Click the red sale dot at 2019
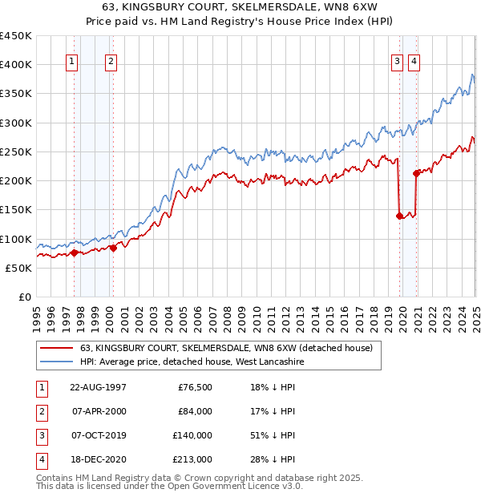tap(399, 216)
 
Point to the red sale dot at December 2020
tap(416, 173)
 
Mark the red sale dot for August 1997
tap(75, 253)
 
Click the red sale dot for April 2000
tap(113, 248)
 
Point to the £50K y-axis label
tap(19, 268)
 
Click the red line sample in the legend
tap(57, 349)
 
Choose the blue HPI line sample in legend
tap(57, 362)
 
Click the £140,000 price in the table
tap(193, 435)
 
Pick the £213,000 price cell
tap(193, 459)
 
